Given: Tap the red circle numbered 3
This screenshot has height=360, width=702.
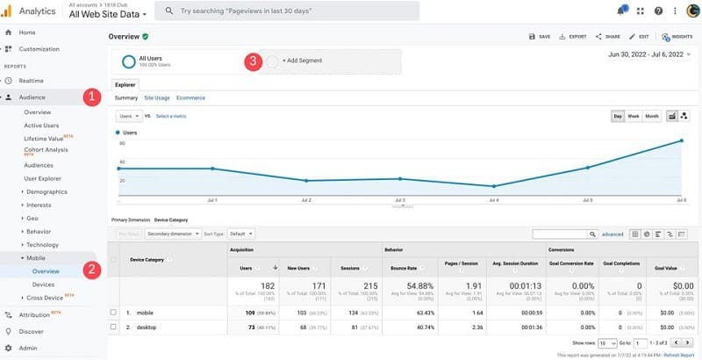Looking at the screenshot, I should point(253,61).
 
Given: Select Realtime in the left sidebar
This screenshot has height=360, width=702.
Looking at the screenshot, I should point(32,80).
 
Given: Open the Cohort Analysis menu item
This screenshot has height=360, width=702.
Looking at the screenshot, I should point(45,150).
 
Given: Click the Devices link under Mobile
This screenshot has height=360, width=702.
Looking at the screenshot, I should point(43,284).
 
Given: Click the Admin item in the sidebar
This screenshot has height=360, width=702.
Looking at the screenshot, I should point(27,348).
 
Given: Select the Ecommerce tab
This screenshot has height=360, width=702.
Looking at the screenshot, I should point(190,97).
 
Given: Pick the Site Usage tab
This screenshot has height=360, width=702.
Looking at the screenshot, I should point(157,97).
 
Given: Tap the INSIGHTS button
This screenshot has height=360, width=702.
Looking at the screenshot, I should point(677,37).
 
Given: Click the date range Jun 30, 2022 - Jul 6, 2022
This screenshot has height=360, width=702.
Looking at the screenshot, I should point(645,54).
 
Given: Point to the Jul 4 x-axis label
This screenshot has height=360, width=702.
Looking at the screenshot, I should point(494,200).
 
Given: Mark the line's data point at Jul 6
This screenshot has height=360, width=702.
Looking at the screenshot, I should point(682,140).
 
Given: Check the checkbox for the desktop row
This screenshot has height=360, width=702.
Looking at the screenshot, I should point(113,327).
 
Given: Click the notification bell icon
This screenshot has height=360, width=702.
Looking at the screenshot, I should point(621,11).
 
